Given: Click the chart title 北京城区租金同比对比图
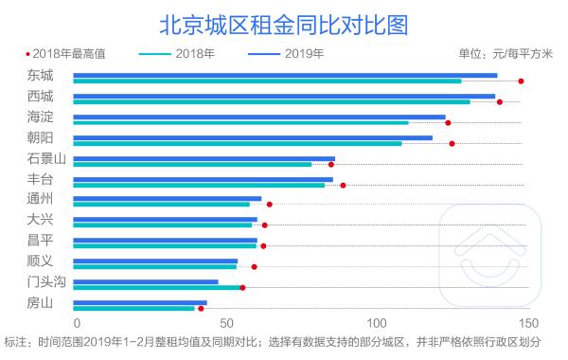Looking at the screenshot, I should click(284, 22).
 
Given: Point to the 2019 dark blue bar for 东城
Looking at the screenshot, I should click(284, 75).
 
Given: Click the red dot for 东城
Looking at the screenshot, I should click(522, 81).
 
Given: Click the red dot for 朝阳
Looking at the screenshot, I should click(452, 143).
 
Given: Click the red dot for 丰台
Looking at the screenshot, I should click(343, 185).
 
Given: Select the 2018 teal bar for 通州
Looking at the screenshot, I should click(161, 204).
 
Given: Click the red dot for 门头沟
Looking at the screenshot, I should click(242, 287).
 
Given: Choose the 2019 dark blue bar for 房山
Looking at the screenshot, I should click(139, 303).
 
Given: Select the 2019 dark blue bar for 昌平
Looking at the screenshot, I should click(165, 241).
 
